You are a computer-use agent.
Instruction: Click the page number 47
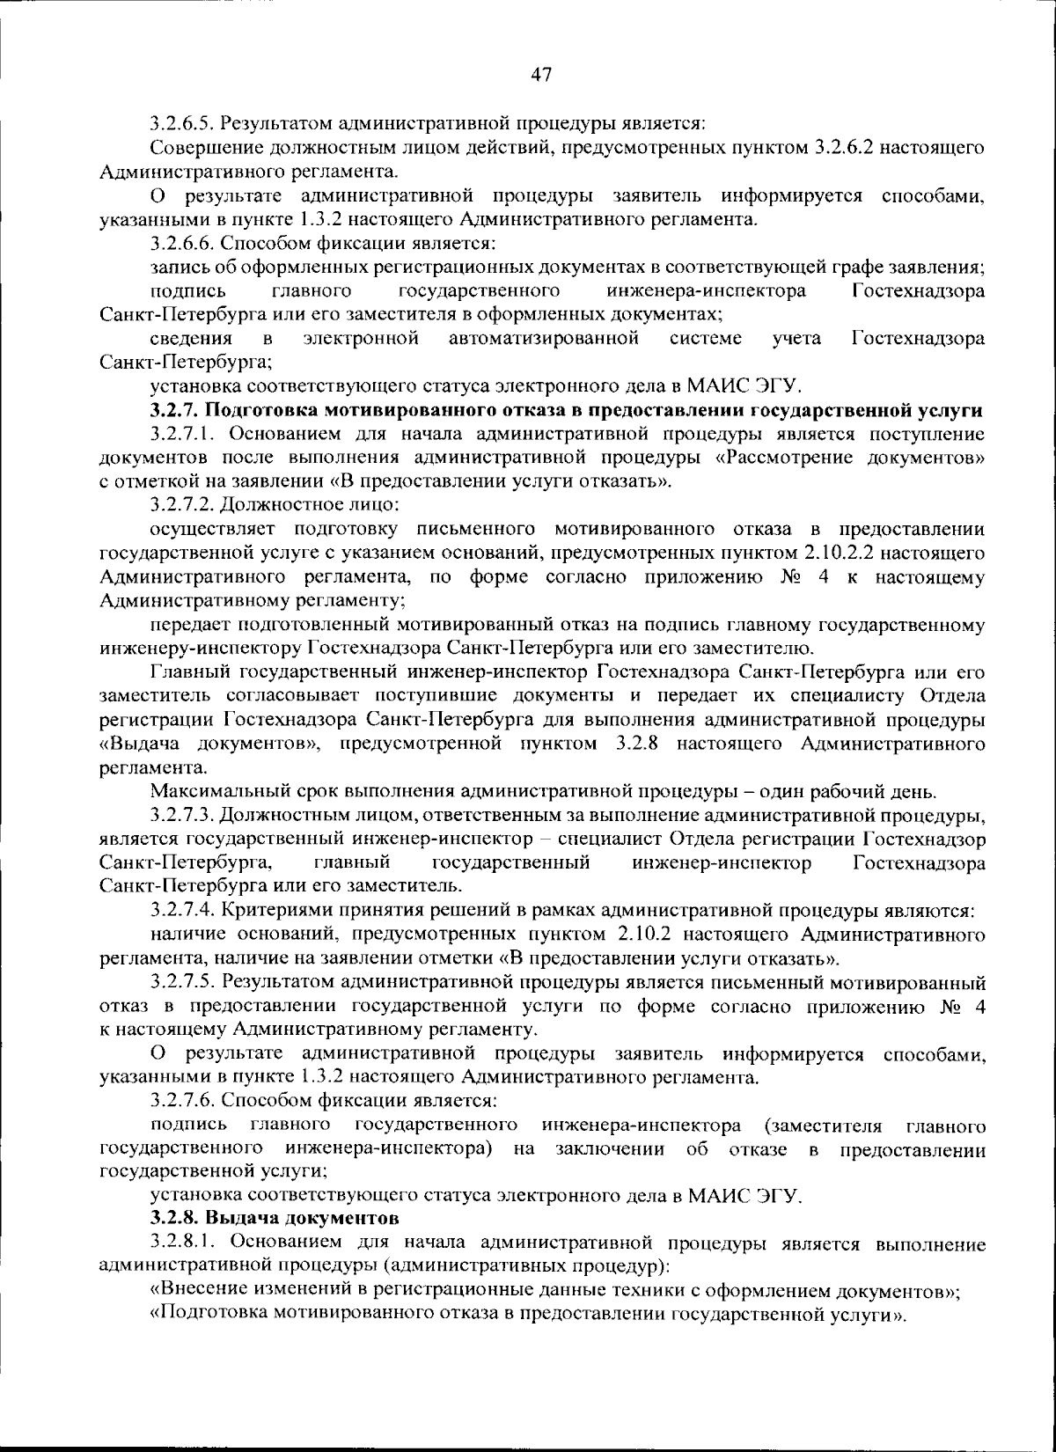(540, 76)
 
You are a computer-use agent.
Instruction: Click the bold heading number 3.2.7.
(175, 410)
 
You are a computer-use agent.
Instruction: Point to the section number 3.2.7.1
(181, 434)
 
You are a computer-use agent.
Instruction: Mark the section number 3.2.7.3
(181, 816)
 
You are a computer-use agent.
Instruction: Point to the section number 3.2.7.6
(181, 1101)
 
